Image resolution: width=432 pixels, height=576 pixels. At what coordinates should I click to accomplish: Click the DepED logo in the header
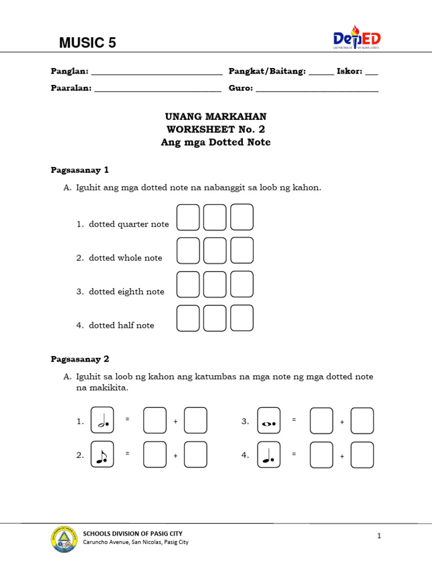click(x=357, y=38)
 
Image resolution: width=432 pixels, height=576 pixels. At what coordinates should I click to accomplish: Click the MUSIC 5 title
click(x=88, y=43)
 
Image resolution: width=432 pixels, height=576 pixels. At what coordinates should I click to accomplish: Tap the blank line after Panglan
click(x=157, y=72)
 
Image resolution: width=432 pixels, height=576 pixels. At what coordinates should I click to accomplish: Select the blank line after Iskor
click(x=371, y=72)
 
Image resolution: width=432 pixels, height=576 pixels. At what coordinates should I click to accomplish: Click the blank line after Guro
click(x=317, y=89)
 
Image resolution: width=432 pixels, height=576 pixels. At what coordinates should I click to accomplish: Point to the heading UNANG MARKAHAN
click(x=215, y=116)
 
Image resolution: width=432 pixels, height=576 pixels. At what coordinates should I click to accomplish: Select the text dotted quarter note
click(x=129, y=224)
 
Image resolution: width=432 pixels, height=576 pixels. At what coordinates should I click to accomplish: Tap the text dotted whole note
click(x=125, y=258)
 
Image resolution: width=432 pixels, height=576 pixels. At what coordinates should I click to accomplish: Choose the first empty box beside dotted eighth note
click(x=188, y=285)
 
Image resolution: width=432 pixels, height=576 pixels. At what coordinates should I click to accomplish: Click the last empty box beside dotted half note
click(x=242, y=318)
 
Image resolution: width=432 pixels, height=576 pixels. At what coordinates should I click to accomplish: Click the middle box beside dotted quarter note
click(x=215, y=217)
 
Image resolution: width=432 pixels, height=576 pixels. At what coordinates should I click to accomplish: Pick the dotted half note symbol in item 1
click(x=102, y=421)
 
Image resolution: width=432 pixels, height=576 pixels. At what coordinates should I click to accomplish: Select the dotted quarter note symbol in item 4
click(x=269, y=454)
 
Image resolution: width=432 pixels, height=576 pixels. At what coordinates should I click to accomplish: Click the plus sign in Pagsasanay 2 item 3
click(x=341, y=421)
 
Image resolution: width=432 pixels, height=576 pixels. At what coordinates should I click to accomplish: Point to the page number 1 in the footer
click(x=379, y=536)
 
